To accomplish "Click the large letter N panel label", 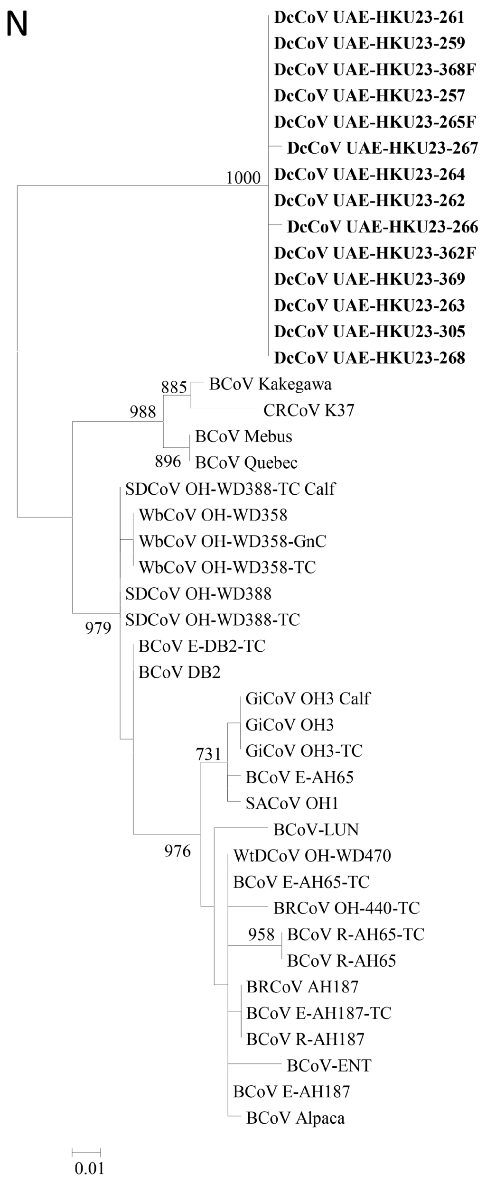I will click(17, 24).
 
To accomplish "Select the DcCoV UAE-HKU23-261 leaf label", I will click(369, 18).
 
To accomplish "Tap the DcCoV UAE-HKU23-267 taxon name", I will click(383, 148).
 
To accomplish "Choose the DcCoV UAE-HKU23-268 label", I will click(370, 358).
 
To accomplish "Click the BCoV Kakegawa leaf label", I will click(270, 384).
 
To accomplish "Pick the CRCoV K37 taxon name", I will click(308, 410).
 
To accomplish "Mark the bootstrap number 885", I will click(174, 388).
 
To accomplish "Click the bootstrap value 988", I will click(143, 412).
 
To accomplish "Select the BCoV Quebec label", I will click(246, 462).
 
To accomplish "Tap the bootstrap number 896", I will click(168, 461).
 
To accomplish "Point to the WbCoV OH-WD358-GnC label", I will click(233, 541).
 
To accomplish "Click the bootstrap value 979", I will click(98, 628).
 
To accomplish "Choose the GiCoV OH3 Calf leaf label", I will click(308, 698).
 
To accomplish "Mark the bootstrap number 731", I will click(209, 754).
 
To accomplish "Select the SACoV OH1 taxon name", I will click(292, 803).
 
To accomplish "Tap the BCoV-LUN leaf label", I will click(316, 830).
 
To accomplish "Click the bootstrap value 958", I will click(262, 934).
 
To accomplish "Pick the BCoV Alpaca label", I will click(295, 1118).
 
